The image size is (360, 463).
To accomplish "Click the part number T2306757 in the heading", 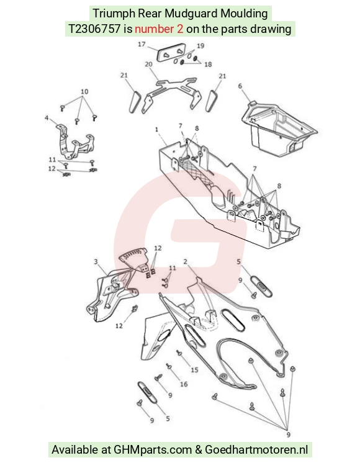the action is (94, 29).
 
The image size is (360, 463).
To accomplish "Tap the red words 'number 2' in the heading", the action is (159, 29).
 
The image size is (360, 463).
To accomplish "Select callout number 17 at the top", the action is (142, 44).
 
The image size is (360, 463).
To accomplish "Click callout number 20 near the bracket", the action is (148, 64).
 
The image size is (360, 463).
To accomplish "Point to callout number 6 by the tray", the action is (240, 86).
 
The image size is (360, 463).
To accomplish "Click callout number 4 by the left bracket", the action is (47, 118).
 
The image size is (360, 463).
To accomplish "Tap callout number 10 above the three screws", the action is (84, 91).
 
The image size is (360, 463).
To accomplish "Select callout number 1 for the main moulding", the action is (156, 129).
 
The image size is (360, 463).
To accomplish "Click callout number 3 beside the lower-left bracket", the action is (96, 262).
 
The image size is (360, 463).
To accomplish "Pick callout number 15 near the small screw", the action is (194, 370).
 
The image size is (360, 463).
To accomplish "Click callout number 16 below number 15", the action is (184, 384).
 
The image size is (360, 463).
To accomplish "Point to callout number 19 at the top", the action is (200, 46).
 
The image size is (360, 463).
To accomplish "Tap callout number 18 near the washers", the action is (208, 64).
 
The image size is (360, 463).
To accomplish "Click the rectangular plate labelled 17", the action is (171, 55).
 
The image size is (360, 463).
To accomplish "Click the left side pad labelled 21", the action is (135, 101).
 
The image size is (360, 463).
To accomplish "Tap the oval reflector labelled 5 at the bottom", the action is (147, 392).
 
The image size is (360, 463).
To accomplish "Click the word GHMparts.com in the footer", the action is (153, 450).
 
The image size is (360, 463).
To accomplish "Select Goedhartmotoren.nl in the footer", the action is (256, 450).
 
